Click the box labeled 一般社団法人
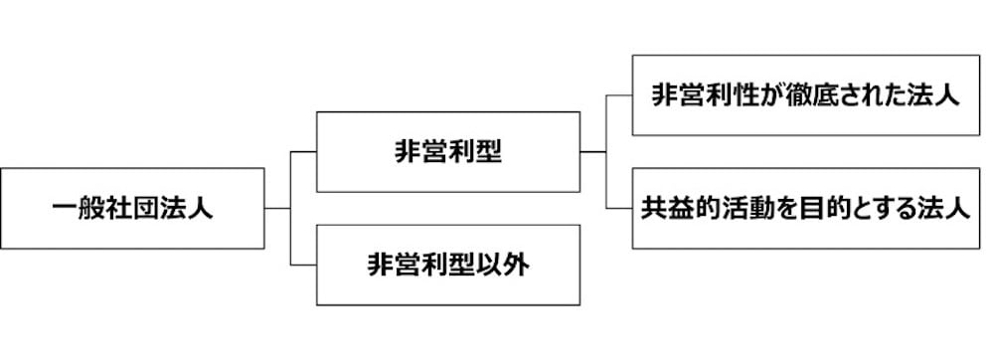coord(132,208)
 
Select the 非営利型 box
coord(447,151)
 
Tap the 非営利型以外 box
coord(447,265)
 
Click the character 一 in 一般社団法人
coord(65,209)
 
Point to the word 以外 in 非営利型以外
coord(515,265)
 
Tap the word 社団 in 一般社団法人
coord(132,209)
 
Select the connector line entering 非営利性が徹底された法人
coord(619,95)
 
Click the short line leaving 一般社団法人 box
coord(277,208)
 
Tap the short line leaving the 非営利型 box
coord(593,151)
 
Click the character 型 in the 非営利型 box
coord(488,151)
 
